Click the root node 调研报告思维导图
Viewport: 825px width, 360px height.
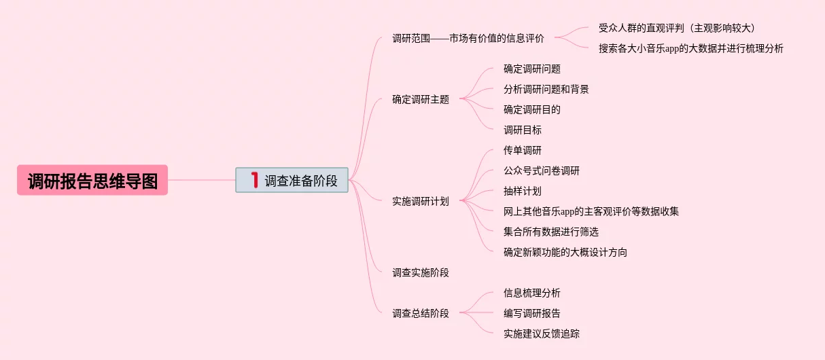tap(92, 181)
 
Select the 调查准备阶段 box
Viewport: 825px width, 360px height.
tap(292, 181)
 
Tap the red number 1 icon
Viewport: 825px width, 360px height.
tap(254, 180)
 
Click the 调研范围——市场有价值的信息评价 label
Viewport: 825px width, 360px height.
tap(468, 38)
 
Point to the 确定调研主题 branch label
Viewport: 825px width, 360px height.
tap(421, 99)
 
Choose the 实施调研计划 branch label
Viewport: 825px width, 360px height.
tap(421, 201)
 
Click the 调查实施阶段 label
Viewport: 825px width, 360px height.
tap(421, 272)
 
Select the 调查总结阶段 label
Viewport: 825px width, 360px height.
tap(421, 313)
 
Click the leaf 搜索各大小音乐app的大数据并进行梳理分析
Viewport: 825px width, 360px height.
tap(690, 48)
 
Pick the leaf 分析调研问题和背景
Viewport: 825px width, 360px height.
tap(546, 89)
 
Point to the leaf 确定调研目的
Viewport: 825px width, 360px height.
tap(532, 109)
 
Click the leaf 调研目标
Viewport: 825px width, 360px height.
tap(523, 130)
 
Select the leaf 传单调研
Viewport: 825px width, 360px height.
tap(523, 150)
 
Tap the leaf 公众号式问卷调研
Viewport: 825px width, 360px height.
tap(542, 170)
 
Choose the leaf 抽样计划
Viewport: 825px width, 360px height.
tap(523, 191)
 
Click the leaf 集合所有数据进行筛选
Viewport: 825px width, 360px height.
tap(551, 232)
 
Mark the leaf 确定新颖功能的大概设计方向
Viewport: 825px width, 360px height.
tap(565, 252)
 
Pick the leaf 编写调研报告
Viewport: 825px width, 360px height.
tap(532, 313)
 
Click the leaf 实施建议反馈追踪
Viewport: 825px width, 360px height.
tap(542, 334)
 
